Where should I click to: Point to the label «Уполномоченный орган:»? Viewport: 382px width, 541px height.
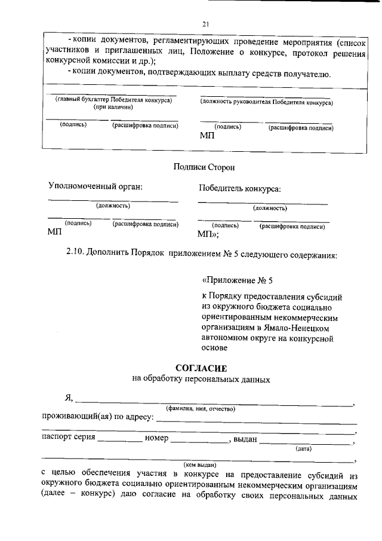pyautogui.click(x=95, y=187)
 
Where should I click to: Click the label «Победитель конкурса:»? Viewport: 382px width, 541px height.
pyautogui.click(x=239, y=189)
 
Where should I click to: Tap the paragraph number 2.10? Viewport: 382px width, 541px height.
pyautogui.click(x=75, y=254)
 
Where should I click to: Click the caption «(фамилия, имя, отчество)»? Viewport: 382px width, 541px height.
pyautogui.click(x=201, y=409)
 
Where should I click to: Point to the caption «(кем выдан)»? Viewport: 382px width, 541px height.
pyautogui.click(x=200, y=463)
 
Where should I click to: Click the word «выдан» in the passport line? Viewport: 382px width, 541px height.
pyautogui.click(x=245, y=439)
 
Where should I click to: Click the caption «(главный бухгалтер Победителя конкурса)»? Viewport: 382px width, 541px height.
pyautogui.click(x=113, y=100)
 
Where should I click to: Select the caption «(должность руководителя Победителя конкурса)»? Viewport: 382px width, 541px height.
pyautogui.click(x=266, y=102)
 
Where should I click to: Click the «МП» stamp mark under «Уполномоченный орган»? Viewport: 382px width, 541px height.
pyautogui.click(x=55, y=232)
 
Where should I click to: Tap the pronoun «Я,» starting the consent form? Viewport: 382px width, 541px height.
pyautogui.click(x=69, y=399)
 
